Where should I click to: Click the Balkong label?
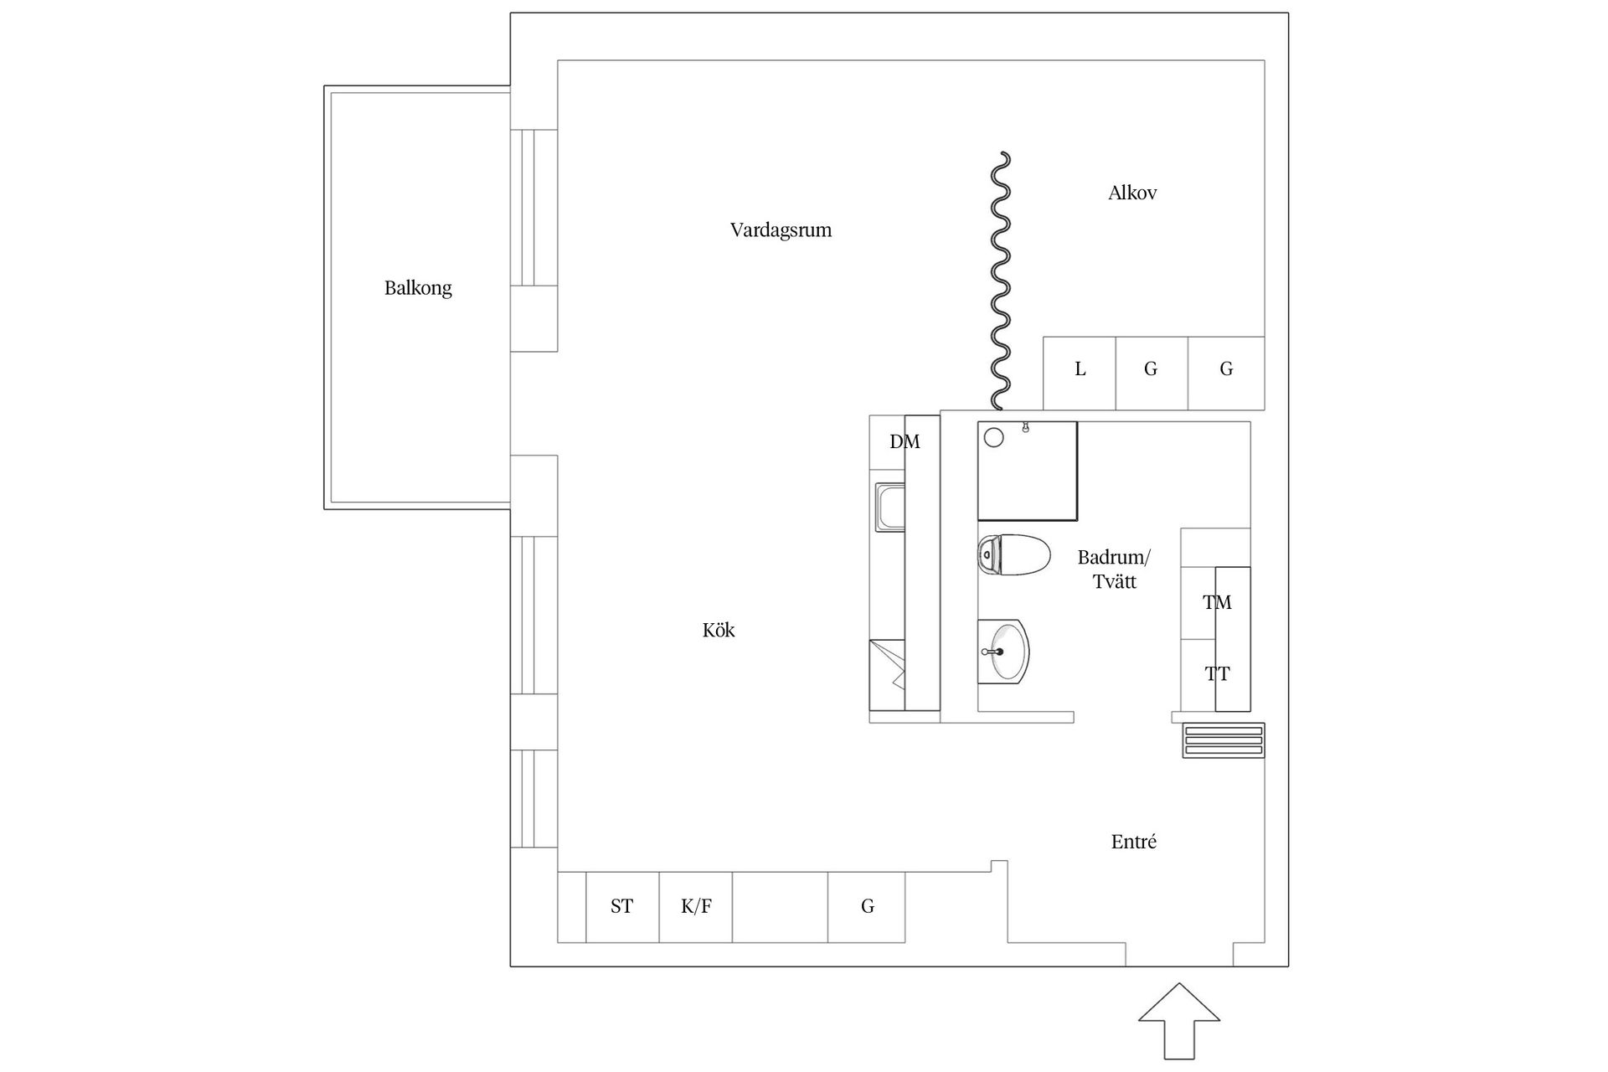(418, 288)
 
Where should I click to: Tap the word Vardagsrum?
(781, 230)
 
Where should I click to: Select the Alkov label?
(1132, 193)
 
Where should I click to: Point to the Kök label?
(719, 631)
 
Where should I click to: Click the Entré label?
(1133, 843)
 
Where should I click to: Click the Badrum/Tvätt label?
(1114, 569)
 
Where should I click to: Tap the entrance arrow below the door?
(1178, 1027)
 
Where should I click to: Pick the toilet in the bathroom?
(1014, 555)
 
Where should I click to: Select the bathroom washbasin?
(1004, 652)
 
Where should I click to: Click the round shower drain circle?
(994, 436)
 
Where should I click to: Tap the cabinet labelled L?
(1080, 369)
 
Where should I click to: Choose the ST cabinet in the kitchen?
(621, 906)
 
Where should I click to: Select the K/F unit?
(696, 906)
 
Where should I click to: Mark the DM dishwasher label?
(904, 442)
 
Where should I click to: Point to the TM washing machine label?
(1217, 602)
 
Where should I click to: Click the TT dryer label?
(1217, 674)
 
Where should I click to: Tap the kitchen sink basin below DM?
(889, 507)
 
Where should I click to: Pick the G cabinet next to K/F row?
(867, 906)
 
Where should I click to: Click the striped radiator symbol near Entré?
(1223, 740)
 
